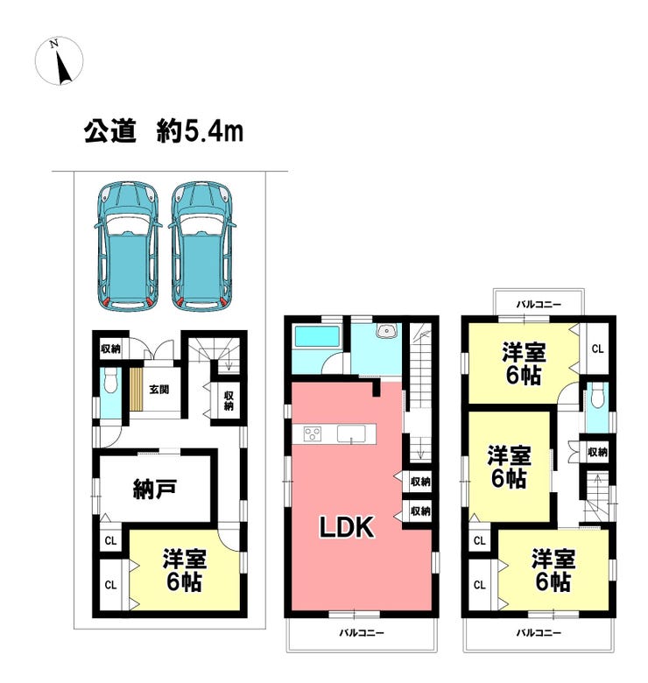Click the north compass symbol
point(59,61)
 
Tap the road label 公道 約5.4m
point(164,131)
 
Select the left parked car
point(127,246)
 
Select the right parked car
point(202,246)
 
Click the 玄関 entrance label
point(159,389)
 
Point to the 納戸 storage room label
point(154,489)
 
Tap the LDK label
point(347,527)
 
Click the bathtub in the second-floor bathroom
point(317,337)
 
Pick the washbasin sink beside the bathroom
point(386,331)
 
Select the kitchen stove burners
point(313,433)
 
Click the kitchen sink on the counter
point(351,433)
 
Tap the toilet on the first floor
point(111,380)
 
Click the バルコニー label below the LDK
point(362,633)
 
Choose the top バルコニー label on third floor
point(539,305)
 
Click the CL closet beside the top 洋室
point(597,349)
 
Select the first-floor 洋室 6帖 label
point(184,571)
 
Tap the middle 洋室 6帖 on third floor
point(509,467)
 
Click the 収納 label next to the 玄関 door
point(110,349)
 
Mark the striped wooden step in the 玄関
point(137,390)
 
